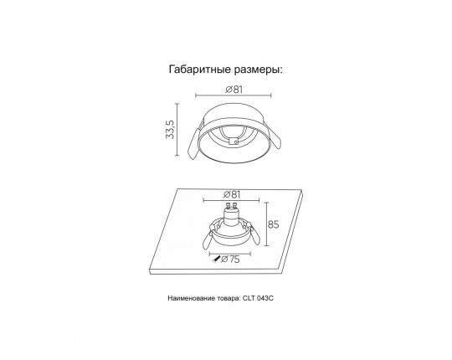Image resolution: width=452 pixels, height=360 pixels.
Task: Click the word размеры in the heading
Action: (258, 71)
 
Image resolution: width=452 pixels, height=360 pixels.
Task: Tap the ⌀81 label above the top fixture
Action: (234, 90)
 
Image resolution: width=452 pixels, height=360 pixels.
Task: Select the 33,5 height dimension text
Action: (170, 130)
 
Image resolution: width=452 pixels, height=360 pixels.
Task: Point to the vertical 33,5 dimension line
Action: (177, 130)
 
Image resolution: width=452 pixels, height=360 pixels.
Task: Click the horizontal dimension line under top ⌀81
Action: (234, 95)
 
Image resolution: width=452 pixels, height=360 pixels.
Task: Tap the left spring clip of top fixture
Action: (193, 143)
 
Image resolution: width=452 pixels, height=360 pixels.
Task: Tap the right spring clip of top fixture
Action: (275, 141)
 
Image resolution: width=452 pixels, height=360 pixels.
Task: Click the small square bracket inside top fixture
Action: (234, 141)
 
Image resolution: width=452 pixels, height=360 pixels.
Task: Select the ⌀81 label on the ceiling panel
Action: (232, 194)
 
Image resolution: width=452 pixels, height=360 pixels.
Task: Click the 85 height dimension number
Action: (274, 224)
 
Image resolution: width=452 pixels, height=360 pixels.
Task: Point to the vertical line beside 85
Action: (267, 224)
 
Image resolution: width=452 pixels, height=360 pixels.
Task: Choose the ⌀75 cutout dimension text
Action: (230, 260)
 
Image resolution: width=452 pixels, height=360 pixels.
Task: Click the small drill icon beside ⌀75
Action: (216, 260)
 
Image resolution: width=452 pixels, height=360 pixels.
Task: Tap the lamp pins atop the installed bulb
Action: (232, 206)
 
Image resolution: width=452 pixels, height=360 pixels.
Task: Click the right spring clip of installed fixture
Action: (255, 235)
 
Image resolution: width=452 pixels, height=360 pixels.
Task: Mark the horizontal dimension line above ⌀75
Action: (230, 254)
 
